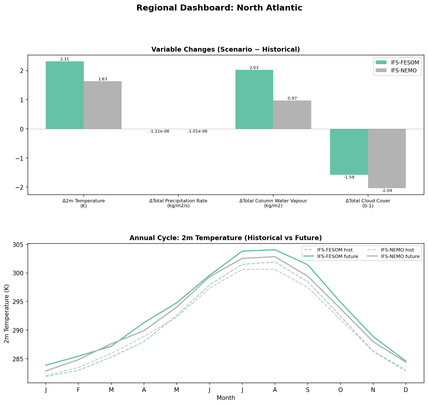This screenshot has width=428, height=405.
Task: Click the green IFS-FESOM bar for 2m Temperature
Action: coord(64,95)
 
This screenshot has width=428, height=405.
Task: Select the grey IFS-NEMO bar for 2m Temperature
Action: coord(103,105)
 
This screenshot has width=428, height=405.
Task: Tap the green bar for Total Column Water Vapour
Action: coord(254,99)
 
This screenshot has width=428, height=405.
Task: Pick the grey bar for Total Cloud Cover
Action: coord(387,158)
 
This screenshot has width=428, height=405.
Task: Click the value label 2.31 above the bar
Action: coord(64,59)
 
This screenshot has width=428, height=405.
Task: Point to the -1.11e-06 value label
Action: coord(159,131)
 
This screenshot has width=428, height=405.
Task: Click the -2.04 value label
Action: coord(387,191)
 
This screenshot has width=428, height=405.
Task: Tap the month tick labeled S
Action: coord(308,390)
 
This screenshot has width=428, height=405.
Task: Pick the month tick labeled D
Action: coord(406,390)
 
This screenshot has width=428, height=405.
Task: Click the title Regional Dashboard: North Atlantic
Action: coord(219,8)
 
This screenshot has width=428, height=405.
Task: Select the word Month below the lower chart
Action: coord(226,398)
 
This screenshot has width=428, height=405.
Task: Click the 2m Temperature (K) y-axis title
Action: coord(7,314)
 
